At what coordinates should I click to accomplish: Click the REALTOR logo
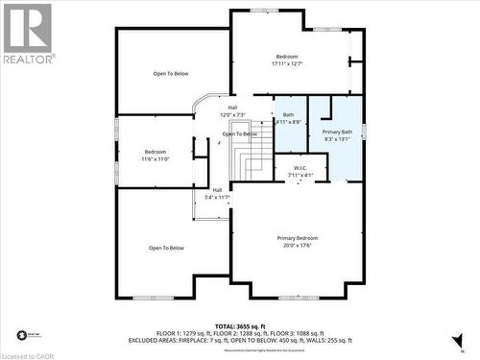[x=27, y=33]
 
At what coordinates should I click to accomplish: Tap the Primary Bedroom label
[x=297, y=241]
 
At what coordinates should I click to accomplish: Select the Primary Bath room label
[x=337, y=134]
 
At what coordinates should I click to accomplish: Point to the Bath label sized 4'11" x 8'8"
[x=289, y=118]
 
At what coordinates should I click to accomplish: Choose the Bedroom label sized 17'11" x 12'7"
[x=287, y=60]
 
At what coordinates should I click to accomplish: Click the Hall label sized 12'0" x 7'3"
[x=232, y=110]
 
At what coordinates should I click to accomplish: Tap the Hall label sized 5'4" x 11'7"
[x=218, y=192]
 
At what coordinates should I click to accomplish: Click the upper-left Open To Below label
[x=171, y=74]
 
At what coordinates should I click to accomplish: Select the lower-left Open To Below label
[x=166, y=248]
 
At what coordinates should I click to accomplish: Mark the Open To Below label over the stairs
[x=240, y=133]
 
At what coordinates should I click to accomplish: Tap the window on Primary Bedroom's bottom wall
[x=298, y=297]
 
